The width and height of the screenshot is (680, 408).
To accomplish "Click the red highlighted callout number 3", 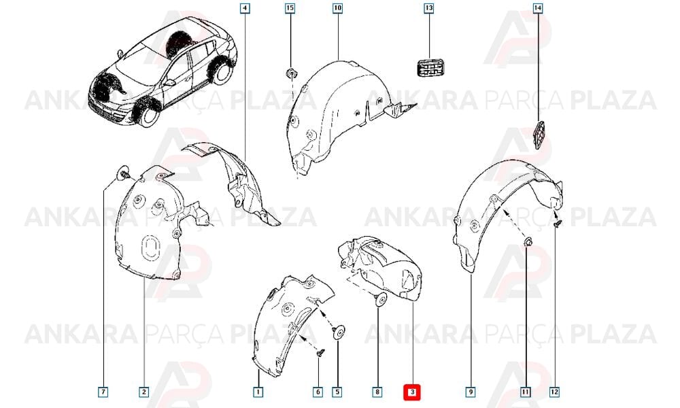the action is point(413,392).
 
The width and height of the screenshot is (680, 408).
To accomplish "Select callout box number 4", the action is point(245,8).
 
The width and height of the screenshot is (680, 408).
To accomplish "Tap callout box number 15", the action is point(290,8).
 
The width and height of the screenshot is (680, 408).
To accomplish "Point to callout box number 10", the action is point(338,8).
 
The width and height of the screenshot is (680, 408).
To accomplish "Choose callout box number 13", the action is point(429,8).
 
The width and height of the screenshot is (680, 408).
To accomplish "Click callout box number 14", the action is point(538,8).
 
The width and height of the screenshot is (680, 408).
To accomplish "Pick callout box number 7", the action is point(103,392).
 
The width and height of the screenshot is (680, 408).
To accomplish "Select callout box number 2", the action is point(144,392).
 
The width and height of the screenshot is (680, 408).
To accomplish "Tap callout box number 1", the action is point(258,392).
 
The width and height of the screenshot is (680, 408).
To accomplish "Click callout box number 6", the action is point(318,392).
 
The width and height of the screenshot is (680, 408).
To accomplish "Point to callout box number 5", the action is point(337,392).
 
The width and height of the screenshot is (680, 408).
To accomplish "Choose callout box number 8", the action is point(377,392).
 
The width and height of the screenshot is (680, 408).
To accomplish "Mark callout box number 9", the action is point(471,392).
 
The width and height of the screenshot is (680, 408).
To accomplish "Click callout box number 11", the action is point(526,392).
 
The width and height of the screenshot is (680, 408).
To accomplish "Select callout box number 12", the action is point(554,392).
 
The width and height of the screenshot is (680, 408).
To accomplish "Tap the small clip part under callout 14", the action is point(539,134).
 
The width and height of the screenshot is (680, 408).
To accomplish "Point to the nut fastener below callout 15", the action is point(292,73).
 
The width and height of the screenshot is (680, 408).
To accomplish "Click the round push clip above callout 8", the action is point(380,299).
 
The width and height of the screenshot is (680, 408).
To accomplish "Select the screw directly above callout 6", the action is point(320,354).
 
